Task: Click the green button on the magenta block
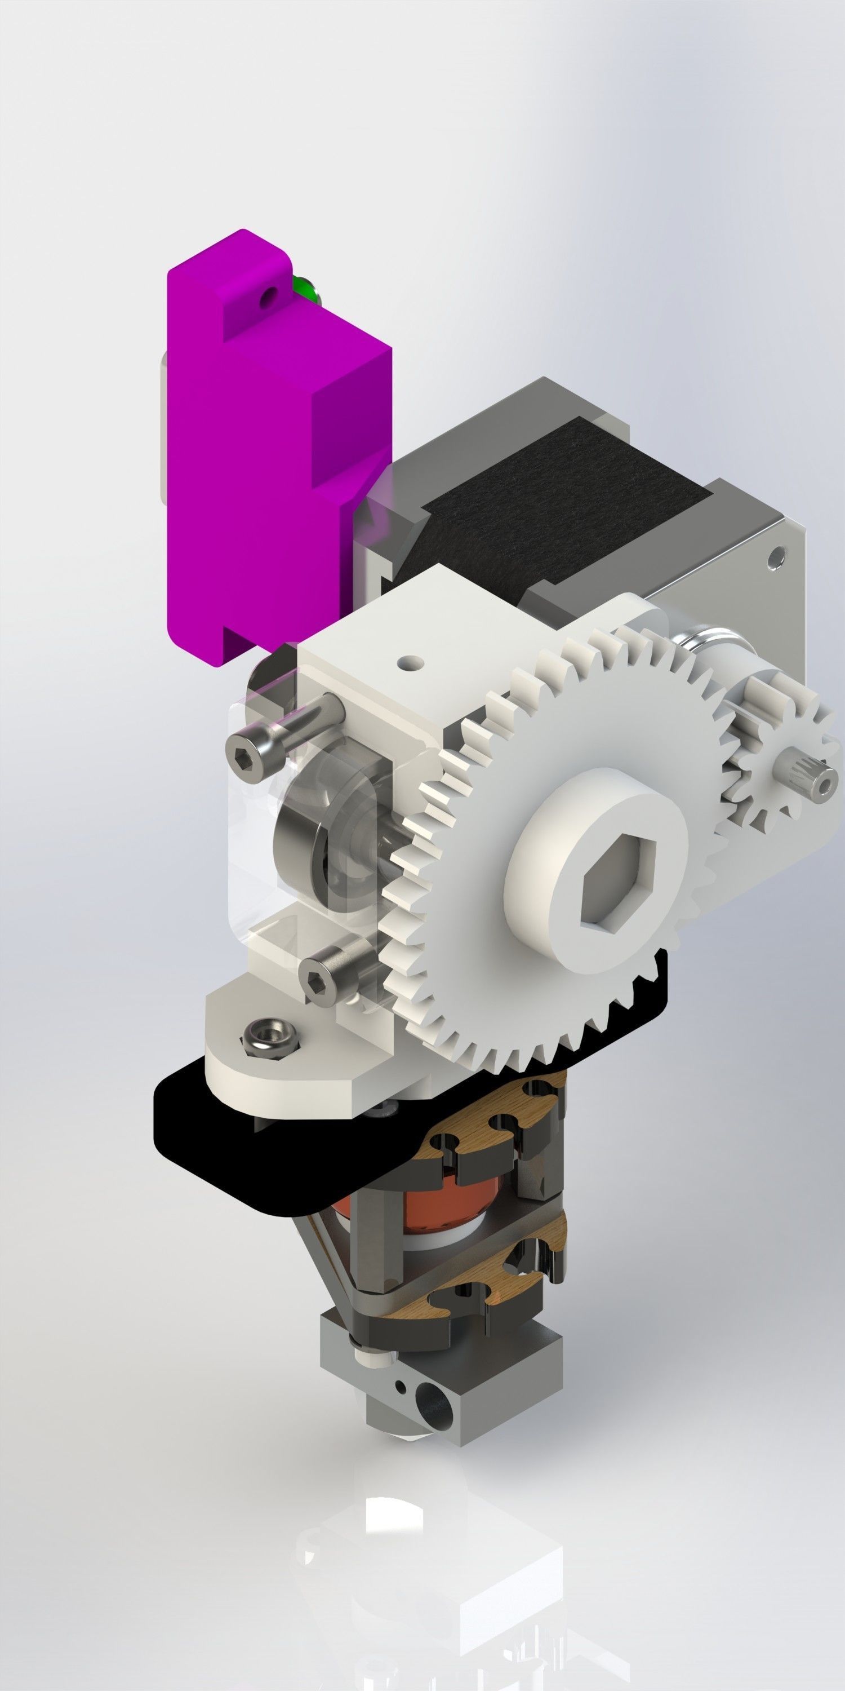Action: [303, 287]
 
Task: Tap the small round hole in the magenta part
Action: [266, 300]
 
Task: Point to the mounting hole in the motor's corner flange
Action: [777, 557]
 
